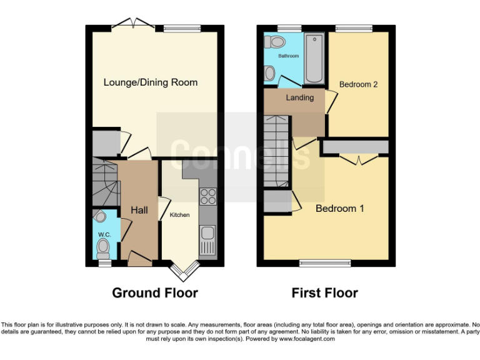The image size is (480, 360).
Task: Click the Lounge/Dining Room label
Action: pyautogui.click(x=150, y=82)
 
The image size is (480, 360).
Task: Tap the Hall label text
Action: pyautogui.click(x=139, y=210)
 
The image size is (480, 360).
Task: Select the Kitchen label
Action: pyautogui.click(x=180, y=215)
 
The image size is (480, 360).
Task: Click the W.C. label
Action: pyautogui.click(x=102, y=234)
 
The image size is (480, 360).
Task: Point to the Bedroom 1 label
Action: pyautogui.click(x=339, y=208)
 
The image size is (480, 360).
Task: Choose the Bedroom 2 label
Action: pyautogui.click(x=358, y=84)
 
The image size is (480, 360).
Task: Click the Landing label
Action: pyautogui.click(x=299, y=98)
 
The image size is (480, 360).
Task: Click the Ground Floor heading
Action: pyautogui.click(x=154, y=292)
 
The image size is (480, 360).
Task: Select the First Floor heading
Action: pyautogui.click(x=324, y=292)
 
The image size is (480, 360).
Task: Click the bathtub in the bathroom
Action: pyautogui.click(x=314, y=59)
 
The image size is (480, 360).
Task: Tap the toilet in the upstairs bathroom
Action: pyautogui.click(x=274, y=42)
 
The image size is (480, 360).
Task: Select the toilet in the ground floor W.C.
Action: pyautogui.click(x=103, y=251)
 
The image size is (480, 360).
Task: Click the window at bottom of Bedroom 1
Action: pyautogui.click(x=324, y=263)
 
